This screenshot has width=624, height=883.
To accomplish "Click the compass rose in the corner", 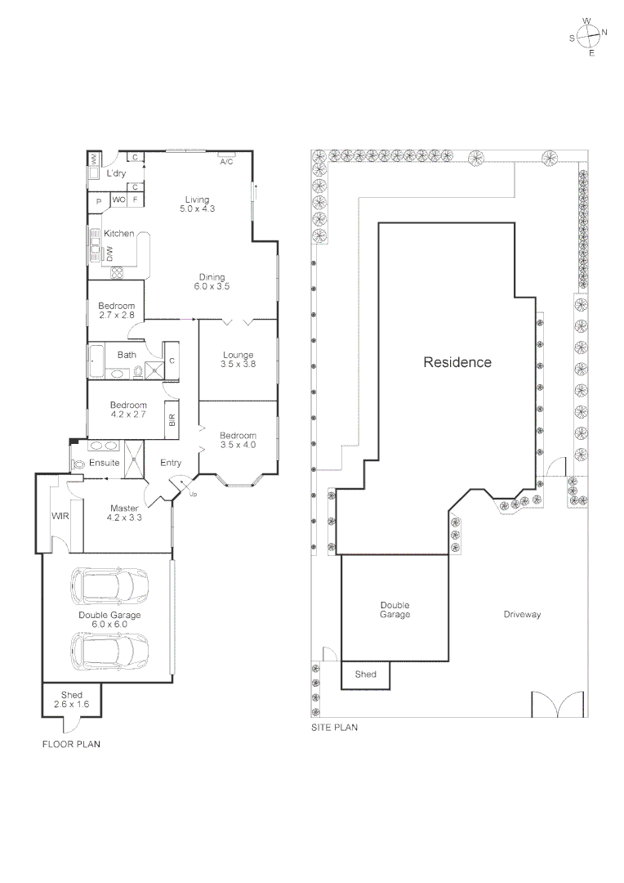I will [588, 35].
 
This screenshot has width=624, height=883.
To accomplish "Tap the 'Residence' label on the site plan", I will [457, 362].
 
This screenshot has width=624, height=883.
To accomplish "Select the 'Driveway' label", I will [522, 614].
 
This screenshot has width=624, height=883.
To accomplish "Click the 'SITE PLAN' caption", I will [334, 727].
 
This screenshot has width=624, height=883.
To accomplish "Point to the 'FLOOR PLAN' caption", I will [71, 745].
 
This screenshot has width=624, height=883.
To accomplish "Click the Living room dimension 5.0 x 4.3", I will [197, 209].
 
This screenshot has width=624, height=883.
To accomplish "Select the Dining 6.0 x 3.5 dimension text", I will [212, 287].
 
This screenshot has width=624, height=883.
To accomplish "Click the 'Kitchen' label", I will [119, 234].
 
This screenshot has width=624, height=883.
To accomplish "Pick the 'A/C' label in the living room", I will [227, 162].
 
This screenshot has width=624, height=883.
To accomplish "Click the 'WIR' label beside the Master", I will [60, 517].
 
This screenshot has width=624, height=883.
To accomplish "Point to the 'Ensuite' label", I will [105, 463].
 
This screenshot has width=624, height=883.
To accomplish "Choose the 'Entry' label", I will [171, 463].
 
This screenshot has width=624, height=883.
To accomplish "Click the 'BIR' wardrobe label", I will [172, 420].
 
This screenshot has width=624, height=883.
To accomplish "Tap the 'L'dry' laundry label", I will [116, 174].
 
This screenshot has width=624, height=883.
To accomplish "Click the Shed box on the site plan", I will [365, 675].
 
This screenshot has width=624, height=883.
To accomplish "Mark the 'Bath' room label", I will [127, 355].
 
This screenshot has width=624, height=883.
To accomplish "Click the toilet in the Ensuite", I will [78, 463].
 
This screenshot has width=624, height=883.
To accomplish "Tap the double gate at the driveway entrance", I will [558, 704].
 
